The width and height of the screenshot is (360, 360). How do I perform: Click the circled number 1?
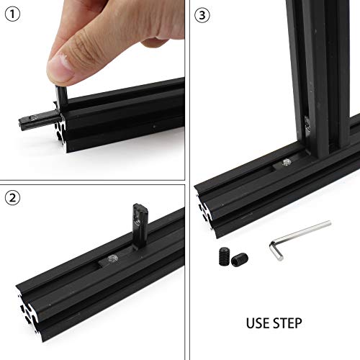tap(13, 13)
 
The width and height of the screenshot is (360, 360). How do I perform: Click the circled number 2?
tap(13, 197)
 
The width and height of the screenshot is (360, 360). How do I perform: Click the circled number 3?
tap(206, 13)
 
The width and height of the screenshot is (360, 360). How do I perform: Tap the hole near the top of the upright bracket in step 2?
tap(138, 212)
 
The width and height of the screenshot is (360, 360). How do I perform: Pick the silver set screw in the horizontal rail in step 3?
tap(286, 166)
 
